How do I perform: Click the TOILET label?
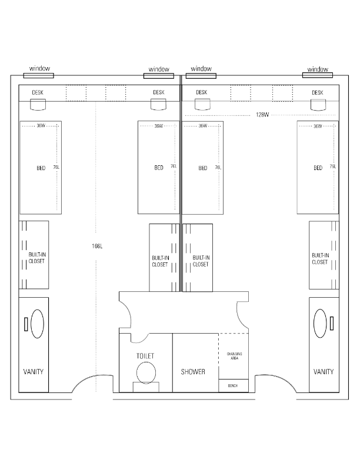point(145,356)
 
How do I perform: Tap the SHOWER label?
point(193,371)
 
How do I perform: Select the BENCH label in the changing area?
point(233,386)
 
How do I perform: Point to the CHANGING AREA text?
point(234,356)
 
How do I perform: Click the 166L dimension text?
point(97,246)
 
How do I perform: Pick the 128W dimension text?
point(262,115)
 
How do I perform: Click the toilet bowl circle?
point(146,372)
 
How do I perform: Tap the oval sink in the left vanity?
point(38,324)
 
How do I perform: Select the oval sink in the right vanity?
point(320,324)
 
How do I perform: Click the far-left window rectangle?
point(39,76)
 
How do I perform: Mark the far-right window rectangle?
point(318,75)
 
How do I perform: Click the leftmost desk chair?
point(38,105)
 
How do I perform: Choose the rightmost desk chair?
point(318,105)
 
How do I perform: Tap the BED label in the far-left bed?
point(41,168)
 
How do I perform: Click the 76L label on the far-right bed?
point(333,167)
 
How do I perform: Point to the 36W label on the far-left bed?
point(41,126)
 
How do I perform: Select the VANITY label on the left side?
point(34,371)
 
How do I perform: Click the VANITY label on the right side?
point(324,371)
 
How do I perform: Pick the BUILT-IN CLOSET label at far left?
point(37,258)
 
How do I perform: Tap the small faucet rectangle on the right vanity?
point(332,324)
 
